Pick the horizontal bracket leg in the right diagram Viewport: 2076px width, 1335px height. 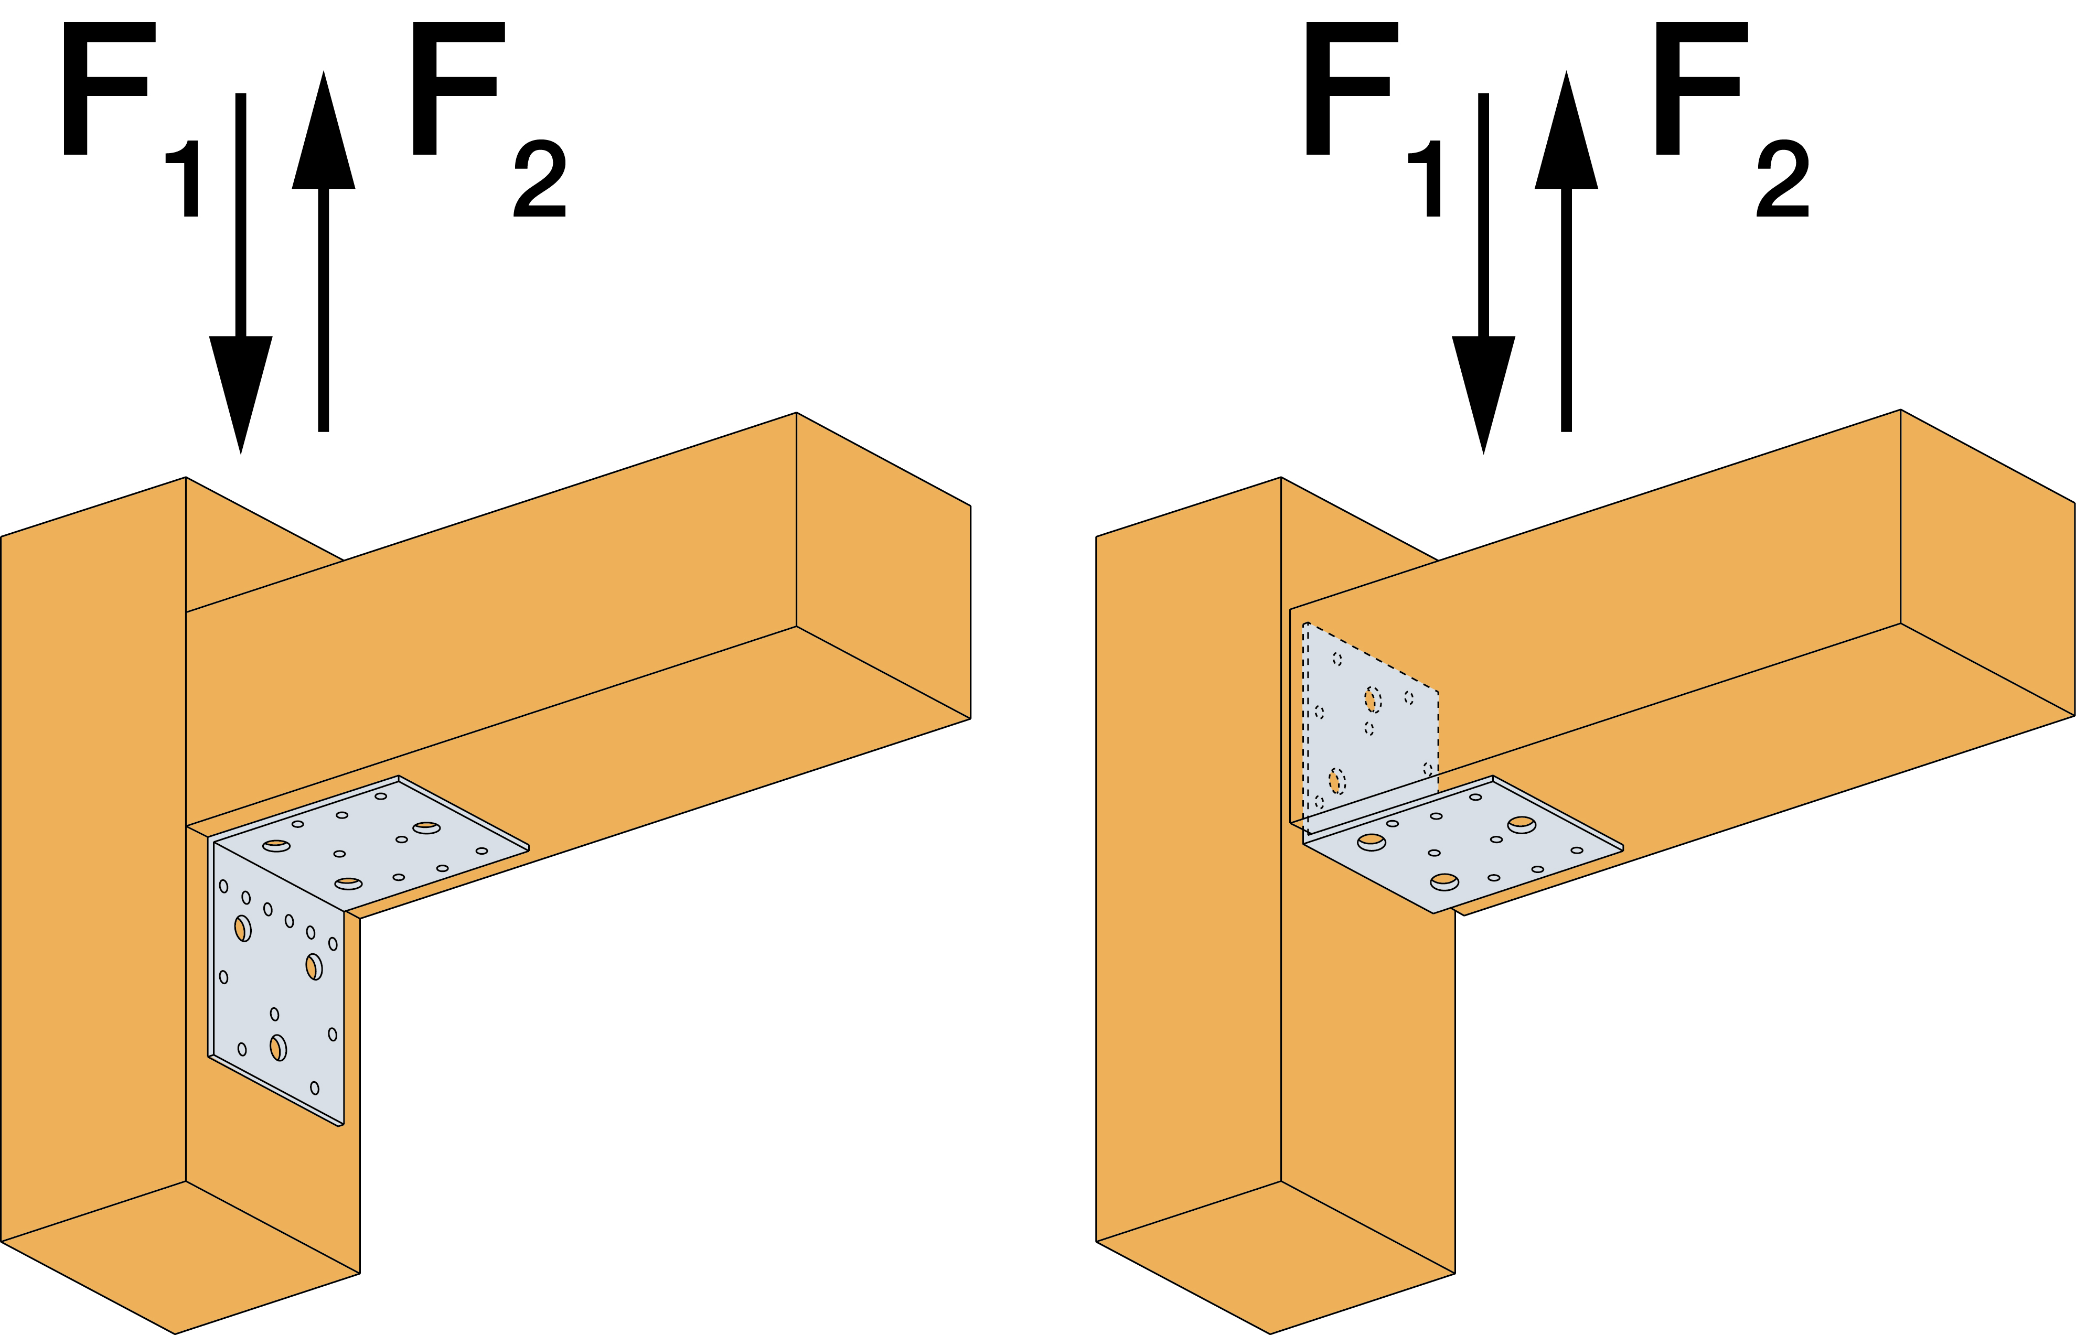tap(1465, 845)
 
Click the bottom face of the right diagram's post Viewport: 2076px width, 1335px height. tap(1275, 1257)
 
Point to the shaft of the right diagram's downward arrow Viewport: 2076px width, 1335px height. tap(1484, 217)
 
